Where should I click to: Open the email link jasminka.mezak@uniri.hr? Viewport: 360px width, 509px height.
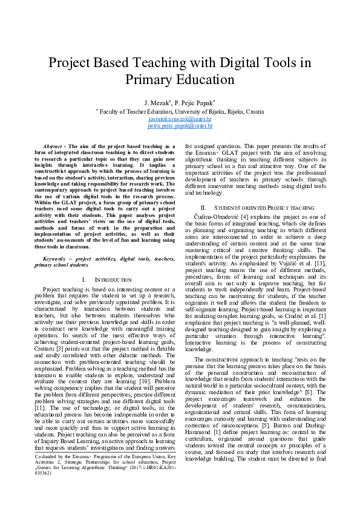(x=180, y=119)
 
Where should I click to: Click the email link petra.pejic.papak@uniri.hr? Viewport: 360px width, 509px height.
(x=180, y=126)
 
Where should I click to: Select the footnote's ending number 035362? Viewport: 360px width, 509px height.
(x=44, y=490)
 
